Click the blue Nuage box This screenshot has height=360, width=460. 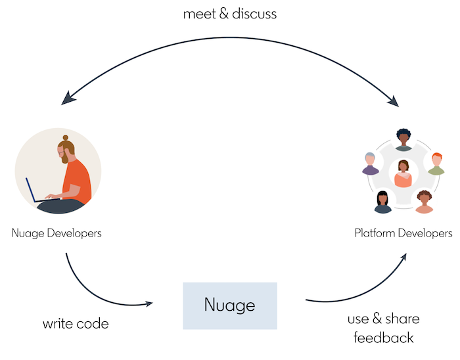click(x=229, y=305)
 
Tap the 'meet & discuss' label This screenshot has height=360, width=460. click(x=229, y=14)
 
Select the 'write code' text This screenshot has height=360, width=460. click(x=76, y=324)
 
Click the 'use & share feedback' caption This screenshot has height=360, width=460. click(x=383, y=328)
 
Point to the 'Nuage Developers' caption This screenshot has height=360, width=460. click(x=57, y=233)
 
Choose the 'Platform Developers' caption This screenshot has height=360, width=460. click(x=403, y=233)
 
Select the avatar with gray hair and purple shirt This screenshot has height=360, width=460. click(x=371, y=164)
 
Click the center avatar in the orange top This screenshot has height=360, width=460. click(x=403, y=174)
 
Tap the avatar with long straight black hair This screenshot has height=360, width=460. click(x=382, y=202)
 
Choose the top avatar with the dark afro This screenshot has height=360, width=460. click(x=403, y=139)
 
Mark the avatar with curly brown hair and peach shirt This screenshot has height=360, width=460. click(x=424, y=202)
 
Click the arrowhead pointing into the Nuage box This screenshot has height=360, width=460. click(x=149, y=304)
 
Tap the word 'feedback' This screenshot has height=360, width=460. click(x=383, y=338)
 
